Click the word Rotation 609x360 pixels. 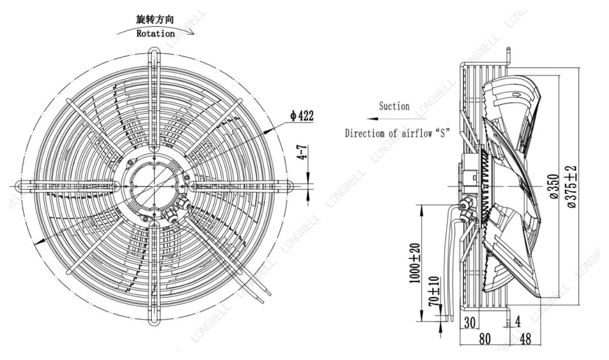tap(155, 34)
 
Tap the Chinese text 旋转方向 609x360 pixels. tap(155, 20)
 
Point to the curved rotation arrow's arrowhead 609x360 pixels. tap(190, 32)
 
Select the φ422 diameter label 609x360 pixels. tap(302, 115)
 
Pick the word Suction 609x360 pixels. tap(394, 106)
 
